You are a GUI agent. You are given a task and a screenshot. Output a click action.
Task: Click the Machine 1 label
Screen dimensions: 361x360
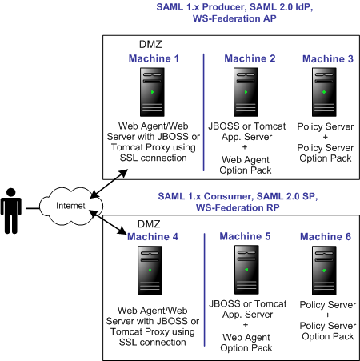click(154, 58)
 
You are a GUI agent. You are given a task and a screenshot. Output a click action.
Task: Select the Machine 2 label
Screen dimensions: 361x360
click(250, 58)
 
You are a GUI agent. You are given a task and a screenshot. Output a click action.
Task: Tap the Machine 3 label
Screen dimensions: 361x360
click(327, 58)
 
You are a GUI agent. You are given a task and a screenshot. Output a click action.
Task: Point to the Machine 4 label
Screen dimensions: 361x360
click(154, 237)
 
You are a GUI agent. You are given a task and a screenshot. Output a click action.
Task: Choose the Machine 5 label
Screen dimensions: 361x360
click(245, 237)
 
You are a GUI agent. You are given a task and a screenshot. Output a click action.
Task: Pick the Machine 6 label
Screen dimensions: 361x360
click(326, 237)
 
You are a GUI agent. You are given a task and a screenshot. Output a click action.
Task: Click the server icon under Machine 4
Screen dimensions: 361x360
click(154, 272)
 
